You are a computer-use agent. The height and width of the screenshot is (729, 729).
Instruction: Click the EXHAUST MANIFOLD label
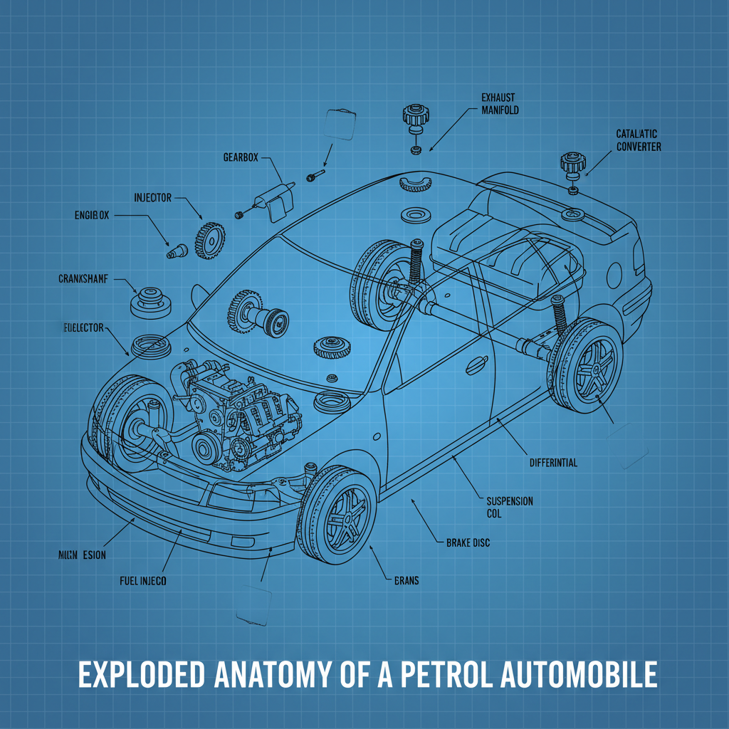coord(499,104)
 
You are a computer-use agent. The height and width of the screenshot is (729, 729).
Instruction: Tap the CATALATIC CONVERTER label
coord(638,140)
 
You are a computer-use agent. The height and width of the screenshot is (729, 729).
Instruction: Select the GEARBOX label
coord(241,157)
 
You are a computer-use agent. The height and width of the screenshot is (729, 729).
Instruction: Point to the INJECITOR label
coord(152,197)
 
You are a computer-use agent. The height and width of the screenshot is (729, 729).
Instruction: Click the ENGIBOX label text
coord(92,214)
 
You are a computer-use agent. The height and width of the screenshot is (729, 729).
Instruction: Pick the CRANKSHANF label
coord(83,279)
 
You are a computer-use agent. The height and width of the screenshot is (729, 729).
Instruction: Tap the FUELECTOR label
coord(80,327)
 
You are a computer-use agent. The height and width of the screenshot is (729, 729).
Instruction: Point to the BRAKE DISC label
coord(468,542)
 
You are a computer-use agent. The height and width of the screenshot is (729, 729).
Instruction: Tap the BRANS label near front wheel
coord(406,581)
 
